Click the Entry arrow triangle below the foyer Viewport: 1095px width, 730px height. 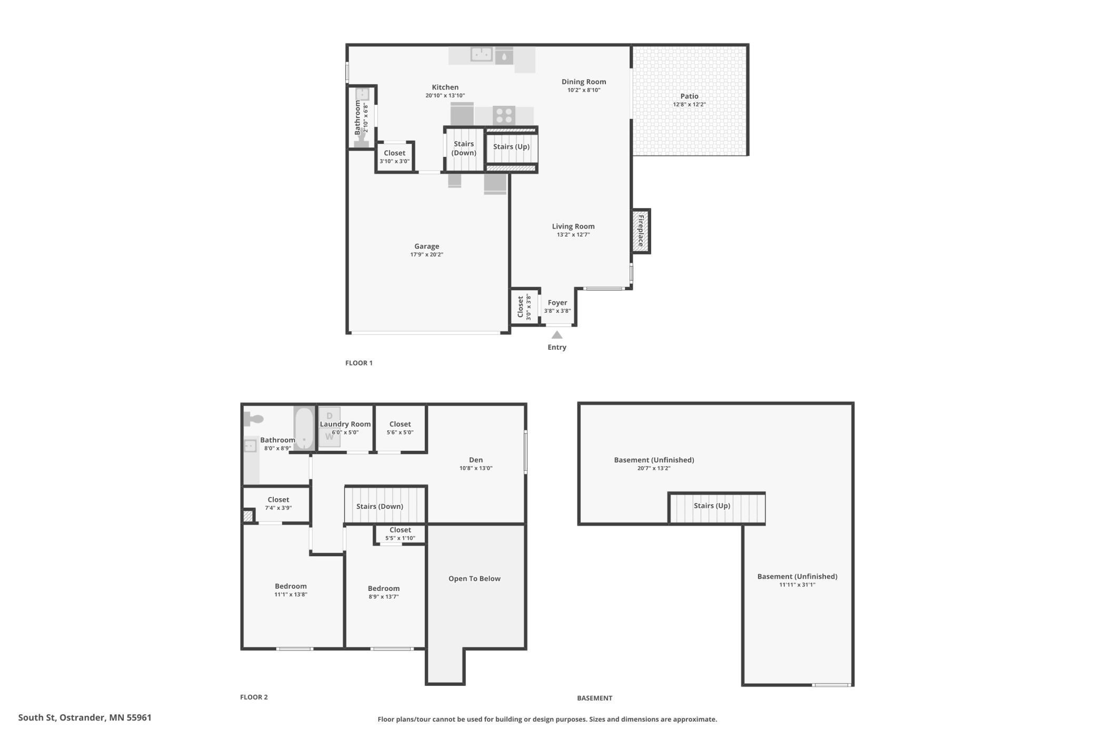coord(557,335)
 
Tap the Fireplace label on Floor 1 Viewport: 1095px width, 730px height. coord(641,231)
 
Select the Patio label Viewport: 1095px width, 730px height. coord(689,96)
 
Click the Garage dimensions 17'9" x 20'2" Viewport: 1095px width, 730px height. coord(427,255)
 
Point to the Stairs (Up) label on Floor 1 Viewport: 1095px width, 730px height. coord(511,146)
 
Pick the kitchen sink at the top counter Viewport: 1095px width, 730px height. coord(481,54)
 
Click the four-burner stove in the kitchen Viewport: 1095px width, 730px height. coord(504,115)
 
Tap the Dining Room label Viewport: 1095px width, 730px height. coord(584,82)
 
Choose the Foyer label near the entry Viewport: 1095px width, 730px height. coord(558,302)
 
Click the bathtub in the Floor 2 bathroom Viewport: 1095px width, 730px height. coord(304,428)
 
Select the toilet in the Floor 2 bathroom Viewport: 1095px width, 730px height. coord(253,419)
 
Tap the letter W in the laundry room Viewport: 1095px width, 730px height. coord(330,437)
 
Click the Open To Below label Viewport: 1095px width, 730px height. coord(474,578)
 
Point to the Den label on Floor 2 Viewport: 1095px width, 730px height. coord(476,460)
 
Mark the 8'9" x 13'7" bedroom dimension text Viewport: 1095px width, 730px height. coord(384,597)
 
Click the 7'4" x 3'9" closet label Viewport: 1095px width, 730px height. coord(278,508)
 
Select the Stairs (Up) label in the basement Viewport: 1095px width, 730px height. coord(712,506)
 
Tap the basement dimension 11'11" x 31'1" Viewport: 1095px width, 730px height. coord(798,585)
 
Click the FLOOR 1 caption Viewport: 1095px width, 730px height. coord(359,363)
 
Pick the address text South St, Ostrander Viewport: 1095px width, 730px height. coord(62,718)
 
